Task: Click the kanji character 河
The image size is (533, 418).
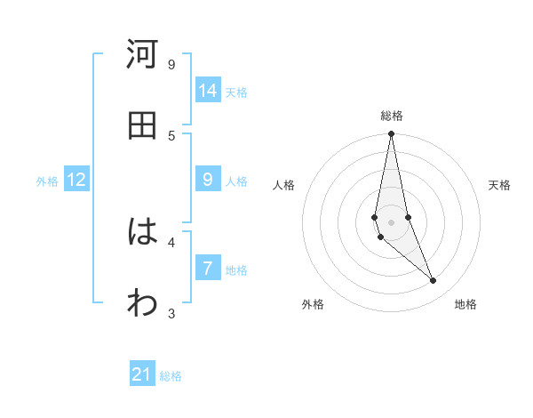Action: (x=142, y=54)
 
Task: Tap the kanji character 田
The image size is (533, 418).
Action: (x=142, y=125)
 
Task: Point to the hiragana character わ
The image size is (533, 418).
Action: (x=142, y=303)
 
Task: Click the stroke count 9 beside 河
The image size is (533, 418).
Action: (x=171, y=64)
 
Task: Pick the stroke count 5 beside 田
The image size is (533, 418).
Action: (x=171, y=135)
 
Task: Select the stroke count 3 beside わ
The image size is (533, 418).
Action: (x=171, y=313)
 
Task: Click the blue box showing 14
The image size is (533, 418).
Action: (x=208, y=91)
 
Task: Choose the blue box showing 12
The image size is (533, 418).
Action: (x=76, y=180)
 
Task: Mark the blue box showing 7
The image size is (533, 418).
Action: (x=208, y=269)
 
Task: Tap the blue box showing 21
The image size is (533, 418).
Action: (x=142, y=374)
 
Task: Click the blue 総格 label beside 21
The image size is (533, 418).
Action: (x=171, y=376)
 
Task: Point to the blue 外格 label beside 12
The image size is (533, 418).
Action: (x=47, y=181)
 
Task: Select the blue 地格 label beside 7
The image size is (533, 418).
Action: (x=236, y=270)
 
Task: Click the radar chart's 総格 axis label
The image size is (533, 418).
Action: (x=392, y=116)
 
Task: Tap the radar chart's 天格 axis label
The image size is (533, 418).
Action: (x=500, y=185)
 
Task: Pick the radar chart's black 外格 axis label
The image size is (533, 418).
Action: (x=313, y=304)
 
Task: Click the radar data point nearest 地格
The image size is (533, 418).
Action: (x=434, y=281)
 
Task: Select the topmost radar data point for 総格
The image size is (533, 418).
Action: (x=391, y=134)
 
